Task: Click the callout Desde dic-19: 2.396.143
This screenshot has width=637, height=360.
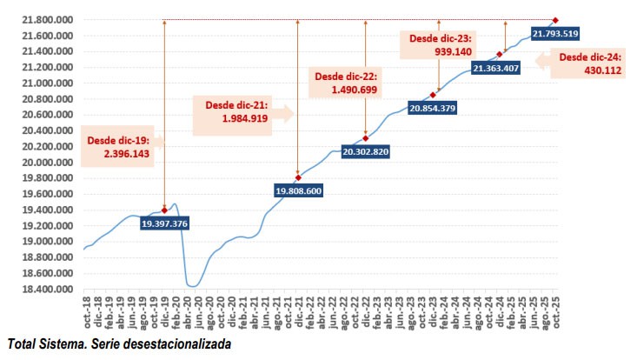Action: [121, 146]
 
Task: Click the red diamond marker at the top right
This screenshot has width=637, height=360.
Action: [555, 20]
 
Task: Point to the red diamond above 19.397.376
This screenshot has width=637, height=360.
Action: [164, 210]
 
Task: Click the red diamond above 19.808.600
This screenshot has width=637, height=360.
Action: [297, 177]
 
